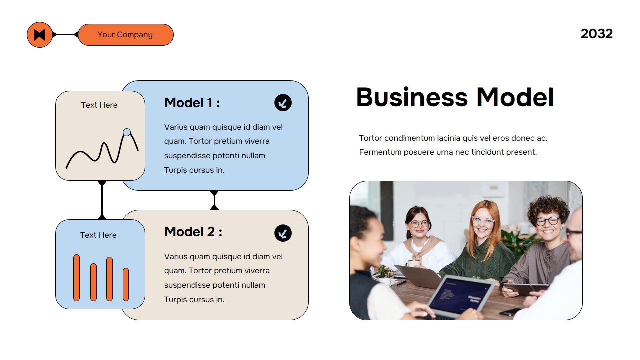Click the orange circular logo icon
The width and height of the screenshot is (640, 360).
click(40, 35)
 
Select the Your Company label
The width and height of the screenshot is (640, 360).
click(125, 35)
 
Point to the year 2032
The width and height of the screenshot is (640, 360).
click(596, 34)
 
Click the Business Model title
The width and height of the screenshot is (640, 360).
click(455, 97)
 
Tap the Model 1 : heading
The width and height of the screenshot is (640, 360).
click(192, 103)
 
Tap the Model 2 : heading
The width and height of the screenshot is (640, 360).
click(193, 232)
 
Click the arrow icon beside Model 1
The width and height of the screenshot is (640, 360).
click(283, 103)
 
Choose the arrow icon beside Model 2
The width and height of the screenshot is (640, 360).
click(283, 233)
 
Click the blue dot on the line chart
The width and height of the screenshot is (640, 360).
click(127, 132)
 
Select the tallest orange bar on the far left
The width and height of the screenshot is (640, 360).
click(76, 278)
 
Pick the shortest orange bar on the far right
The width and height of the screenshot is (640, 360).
click(126, 284)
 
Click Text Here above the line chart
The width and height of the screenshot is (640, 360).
click(99, 105)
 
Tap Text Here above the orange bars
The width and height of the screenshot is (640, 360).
click(98, 235)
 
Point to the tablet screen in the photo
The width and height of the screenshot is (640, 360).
click(461, 294)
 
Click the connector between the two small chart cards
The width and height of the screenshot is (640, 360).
click(102, 200)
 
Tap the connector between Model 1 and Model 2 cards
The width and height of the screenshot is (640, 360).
click(214, 200)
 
